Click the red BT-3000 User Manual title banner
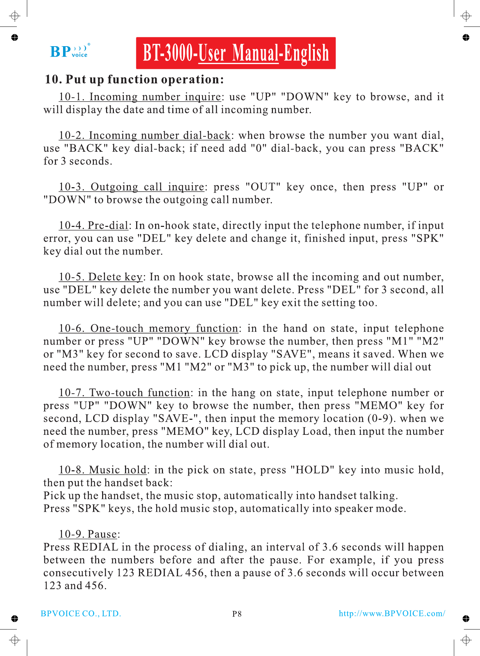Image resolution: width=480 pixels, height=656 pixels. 236,53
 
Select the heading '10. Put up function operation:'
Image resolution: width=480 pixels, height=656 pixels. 134,79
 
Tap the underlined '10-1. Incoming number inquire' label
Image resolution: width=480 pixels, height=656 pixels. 140,97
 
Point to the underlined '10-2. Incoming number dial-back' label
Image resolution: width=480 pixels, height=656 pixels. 145,135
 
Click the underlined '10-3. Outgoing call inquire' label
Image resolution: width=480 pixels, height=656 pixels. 131,187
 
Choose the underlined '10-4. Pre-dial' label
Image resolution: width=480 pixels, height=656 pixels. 93,225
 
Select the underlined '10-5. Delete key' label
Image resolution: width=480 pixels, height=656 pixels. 101,277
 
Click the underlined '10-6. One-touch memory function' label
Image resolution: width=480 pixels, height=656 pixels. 148,329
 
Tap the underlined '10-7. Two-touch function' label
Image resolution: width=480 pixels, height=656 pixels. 124,393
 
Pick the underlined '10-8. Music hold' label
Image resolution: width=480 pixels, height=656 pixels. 103,470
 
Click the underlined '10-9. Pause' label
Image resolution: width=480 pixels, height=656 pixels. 88,534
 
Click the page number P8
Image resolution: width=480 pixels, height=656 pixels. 237,614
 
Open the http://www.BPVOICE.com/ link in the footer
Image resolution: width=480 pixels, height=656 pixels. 392,613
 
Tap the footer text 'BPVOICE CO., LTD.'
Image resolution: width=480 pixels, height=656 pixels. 81,613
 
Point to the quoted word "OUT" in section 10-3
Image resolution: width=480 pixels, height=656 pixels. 263,187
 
